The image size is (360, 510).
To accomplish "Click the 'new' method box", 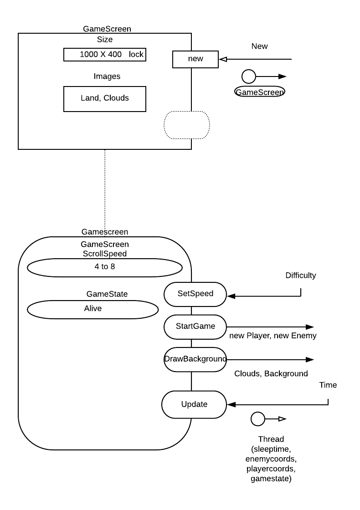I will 195,59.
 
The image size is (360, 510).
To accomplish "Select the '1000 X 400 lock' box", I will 105,55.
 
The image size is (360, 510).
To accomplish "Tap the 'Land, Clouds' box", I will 105,98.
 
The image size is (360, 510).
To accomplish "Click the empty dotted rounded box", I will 186,124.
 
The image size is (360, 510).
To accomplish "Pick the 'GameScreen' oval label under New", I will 260,92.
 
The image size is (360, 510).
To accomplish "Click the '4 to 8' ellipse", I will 104,267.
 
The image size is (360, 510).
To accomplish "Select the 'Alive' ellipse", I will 93,309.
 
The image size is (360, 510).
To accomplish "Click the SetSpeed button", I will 195,294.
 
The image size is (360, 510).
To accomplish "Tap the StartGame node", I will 195,326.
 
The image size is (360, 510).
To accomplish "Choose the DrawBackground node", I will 195,359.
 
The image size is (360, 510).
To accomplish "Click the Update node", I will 194,404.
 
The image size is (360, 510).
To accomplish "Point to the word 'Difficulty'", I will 301,275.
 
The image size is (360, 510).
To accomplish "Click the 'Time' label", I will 328,385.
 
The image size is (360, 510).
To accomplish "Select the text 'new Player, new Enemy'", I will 273,336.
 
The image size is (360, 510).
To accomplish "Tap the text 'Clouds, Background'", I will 271,374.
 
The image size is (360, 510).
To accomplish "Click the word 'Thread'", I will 271,439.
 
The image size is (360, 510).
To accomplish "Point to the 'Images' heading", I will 107,76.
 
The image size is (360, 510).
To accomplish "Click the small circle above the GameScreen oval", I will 248,76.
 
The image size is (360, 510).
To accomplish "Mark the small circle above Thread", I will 258,418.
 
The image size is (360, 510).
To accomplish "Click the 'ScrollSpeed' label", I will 104,254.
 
